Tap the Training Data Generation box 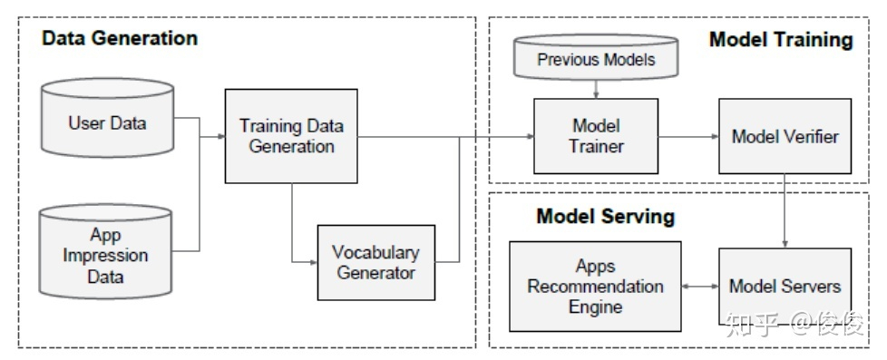291,135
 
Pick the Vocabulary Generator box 375,262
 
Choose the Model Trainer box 595,136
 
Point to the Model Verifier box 785,137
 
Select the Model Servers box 785,287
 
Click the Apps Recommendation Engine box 595,287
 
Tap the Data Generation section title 120,39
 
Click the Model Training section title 780,39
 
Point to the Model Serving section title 605,217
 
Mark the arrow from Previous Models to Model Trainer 595,89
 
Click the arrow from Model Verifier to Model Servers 785,210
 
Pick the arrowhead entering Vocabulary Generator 311,262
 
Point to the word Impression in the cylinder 105,255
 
